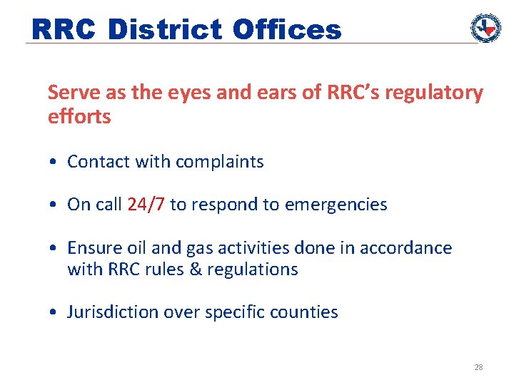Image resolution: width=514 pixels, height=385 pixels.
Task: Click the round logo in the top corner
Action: pyautogui.click(x=485, y=28)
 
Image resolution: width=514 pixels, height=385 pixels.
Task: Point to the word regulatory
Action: pyautogui.click(x=438, y=93)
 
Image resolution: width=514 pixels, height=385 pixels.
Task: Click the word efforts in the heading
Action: pyautogui.click(x=79, y=116)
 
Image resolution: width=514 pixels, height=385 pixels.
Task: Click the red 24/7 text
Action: pyautogui.click(x=146, y=205)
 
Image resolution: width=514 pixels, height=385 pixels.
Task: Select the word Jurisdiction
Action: pyautogui.click(x=114, y=312)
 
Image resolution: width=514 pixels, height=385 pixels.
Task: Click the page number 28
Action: pyautogui.click(x=478, y=367)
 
